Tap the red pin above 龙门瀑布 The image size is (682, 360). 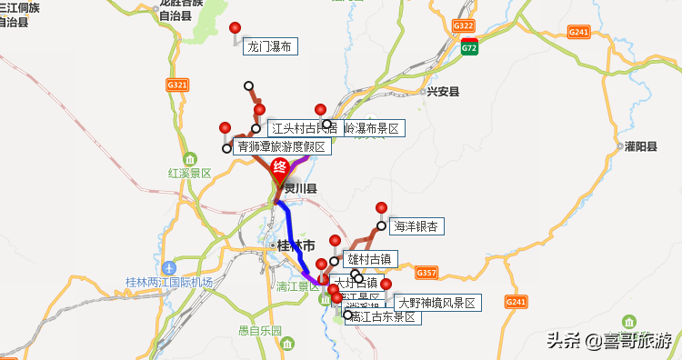tap(236, 28)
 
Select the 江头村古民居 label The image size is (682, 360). tap(304, 128)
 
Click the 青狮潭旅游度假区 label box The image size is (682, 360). tap(280, 146)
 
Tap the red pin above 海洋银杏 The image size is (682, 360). tap(382, 207)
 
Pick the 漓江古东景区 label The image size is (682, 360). tap(382, 317)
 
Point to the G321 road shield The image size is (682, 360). tap(177, 85)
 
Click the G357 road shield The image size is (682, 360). tap(426, 273)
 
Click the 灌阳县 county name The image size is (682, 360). tap(640, 146)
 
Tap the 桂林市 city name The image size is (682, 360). tap(295, 245)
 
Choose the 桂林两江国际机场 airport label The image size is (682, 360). tap(168, 283)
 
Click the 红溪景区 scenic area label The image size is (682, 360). tap(189, 173)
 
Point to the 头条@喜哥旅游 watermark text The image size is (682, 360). tap(609, 341)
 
